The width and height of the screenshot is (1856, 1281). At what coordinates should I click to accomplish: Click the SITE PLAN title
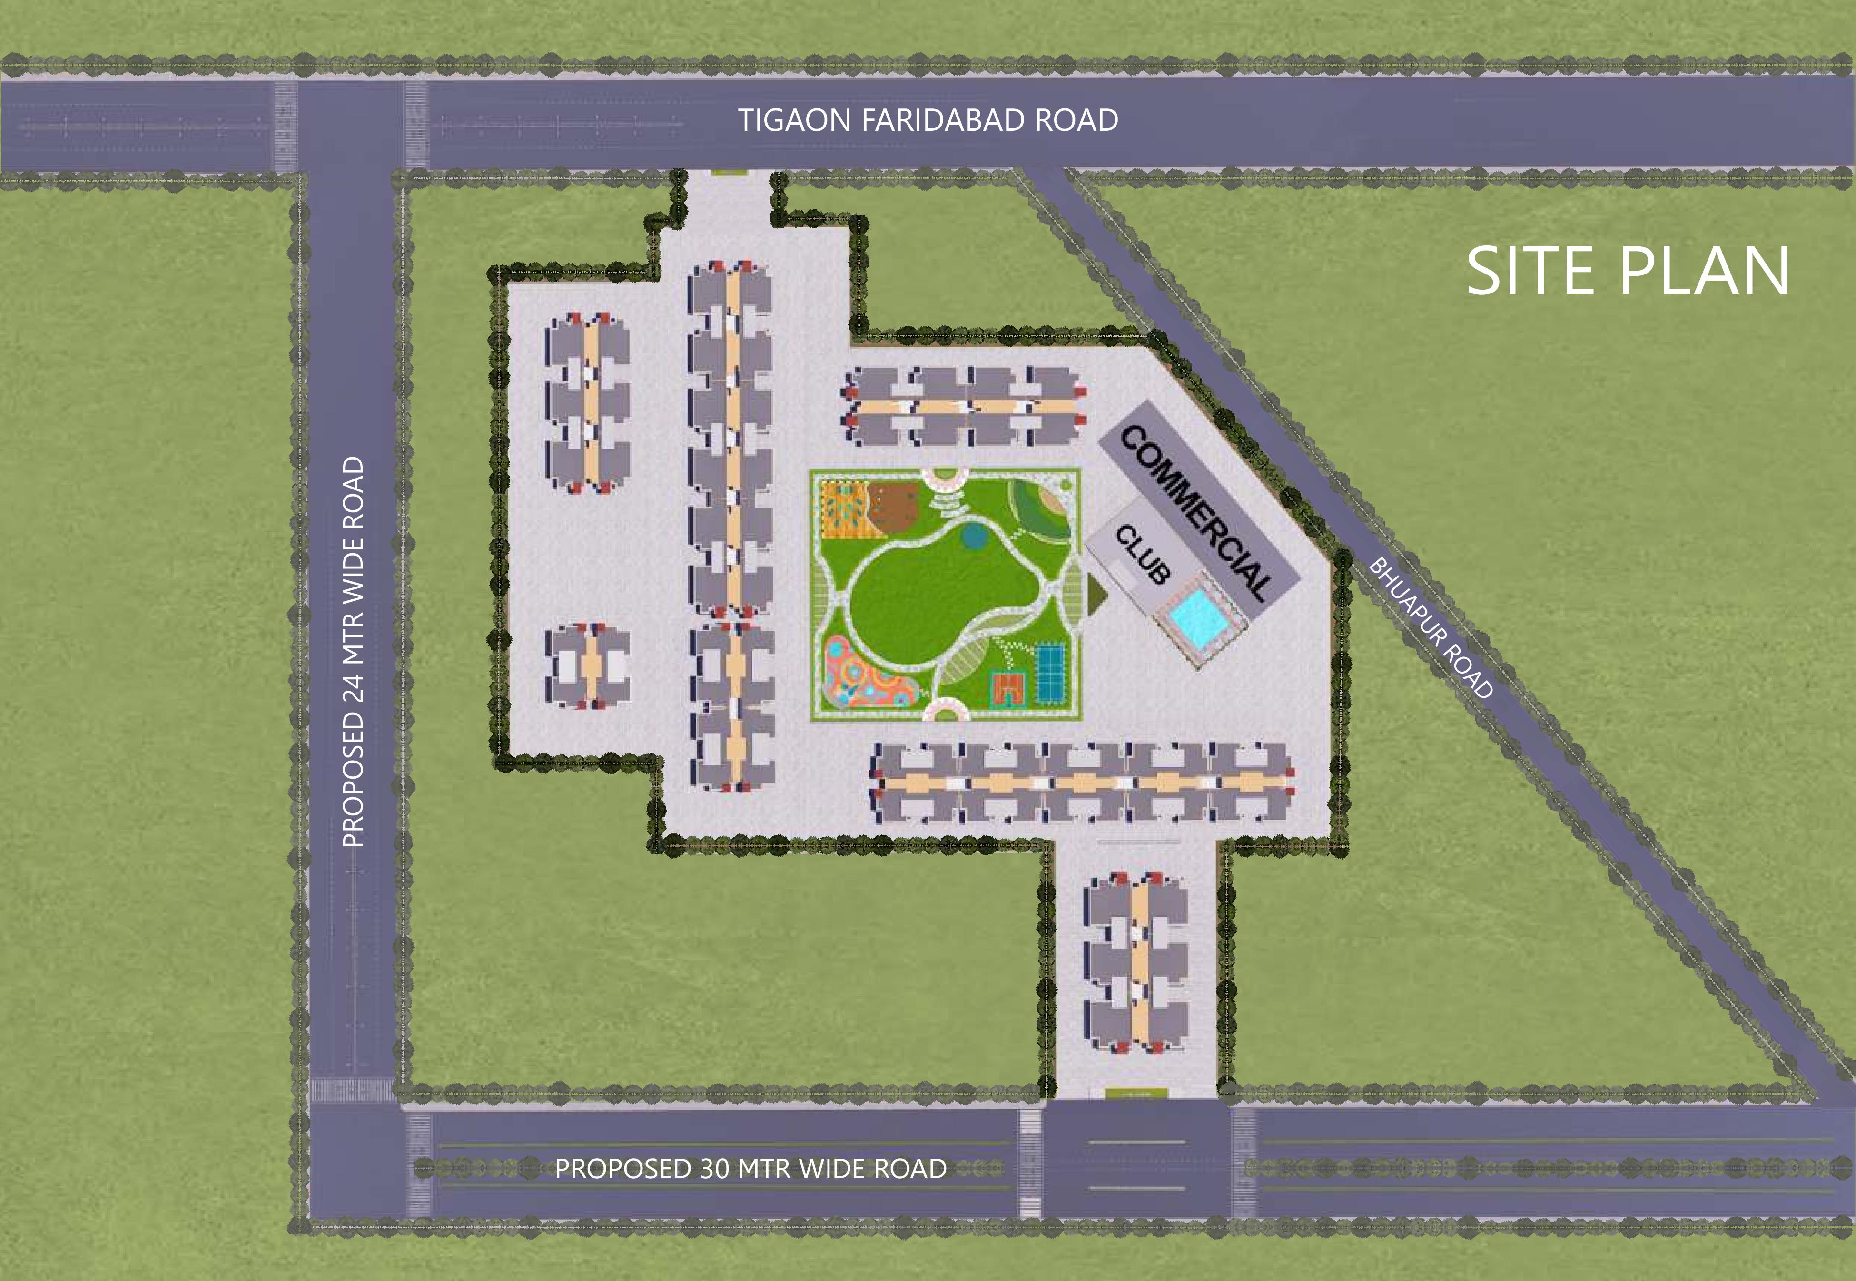(1627, 271)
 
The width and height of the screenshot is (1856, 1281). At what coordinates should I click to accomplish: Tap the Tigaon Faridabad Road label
(928, 120)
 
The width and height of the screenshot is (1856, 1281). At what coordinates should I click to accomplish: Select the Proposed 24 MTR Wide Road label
(353, 652)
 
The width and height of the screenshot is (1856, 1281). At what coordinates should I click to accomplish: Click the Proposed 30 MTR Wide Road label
(750, 1169)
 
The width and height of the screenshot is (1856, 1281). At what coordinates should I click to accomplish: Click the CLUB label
(1142, 554)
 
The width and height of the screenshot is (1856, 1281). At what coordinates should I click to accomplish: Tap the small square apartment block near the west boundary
(588, 666)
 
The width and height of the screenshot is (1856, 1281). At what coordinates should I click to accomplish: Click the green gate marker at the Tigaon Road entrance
(729, 172)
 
